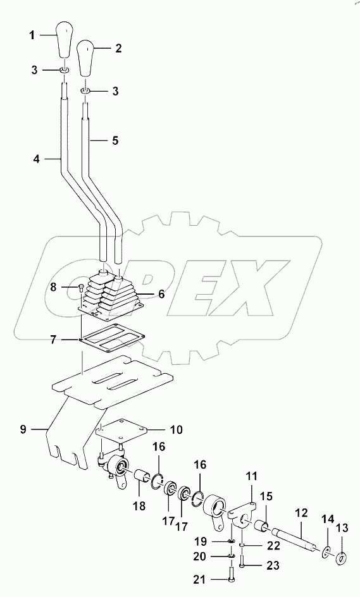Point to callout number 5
[115, 140]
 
